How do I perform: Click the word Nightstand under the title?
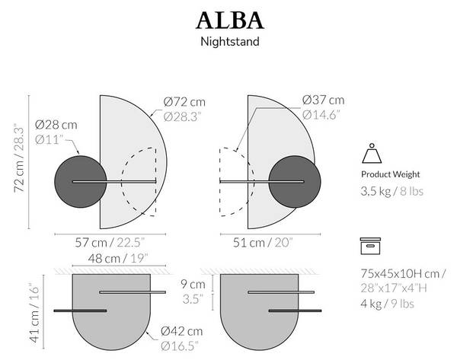[228, 41]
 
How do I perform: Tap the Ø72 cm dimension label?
[184, 101]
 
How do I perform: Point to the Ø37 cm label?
[323, 100]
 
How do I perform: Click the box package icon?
[371, 247]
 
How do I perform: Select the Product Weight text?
[390, 174]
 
